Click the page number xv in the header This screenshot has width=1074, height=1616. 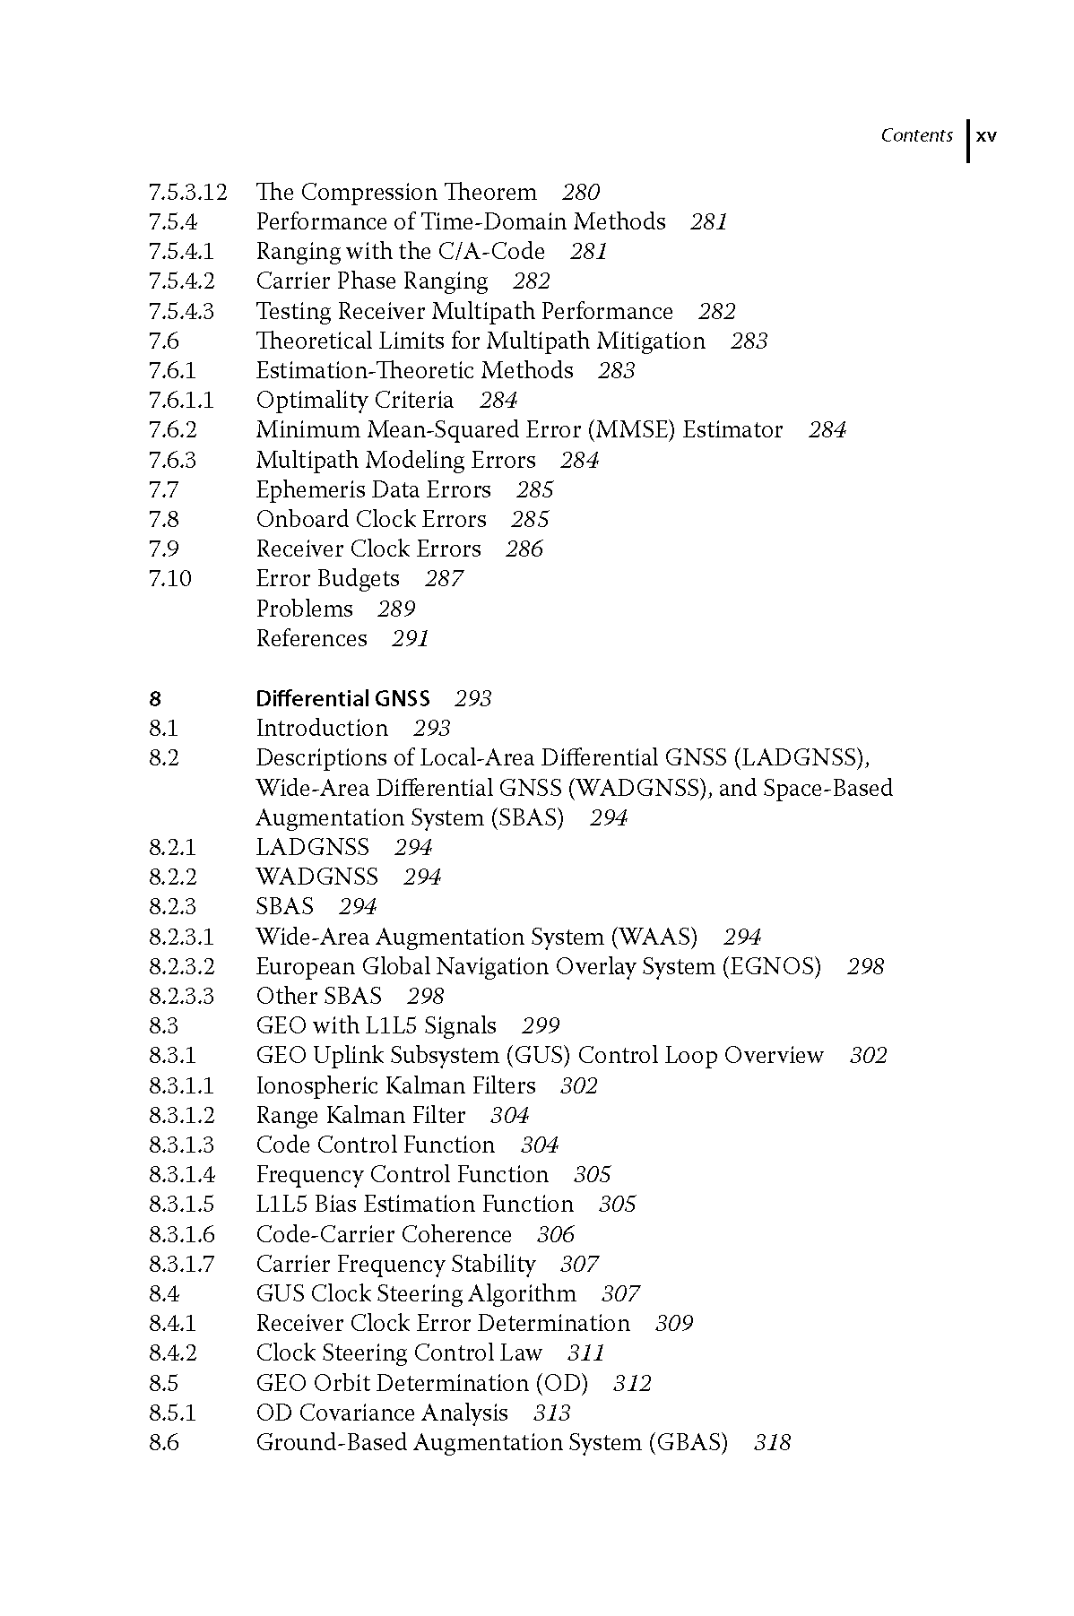(986, 136)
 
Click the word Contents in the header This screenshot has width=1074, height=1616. (916, 135)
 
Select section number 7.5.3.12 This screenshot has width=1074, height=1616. (188, 193)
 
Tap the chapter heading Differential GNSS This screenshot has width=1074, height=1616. (342, 698)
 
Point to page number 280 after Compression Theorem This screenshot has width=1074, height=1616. (581, 193)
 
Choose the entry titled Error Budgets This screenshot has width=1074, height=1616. (327, 579)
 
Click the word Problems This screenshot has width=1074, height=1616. (305, 609)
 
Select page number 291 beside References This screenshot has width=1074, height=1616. (411, 639)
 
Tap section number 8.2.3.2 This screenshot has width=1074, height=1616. (182, 967)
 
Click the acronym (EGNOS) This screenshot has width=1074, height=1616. (772, 967)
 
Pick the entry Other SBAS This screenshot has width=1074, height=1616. (318, 997)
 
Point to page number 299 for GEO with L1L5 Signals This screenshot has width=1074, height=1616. (541, 1026)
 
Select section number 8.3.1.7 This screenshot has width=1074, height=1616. (182, 1265)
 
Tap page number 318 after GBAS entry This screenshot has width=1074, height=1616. (772, 1443)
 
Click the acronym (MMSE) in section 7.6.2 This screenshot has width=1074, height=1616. (631, 430)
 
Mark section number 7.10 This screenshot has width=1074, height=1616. (170, 579)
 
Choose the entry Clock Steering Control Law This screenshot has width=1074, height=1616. (399, 1353)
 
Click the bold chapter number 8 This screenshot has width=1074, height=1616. (155, 698)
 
